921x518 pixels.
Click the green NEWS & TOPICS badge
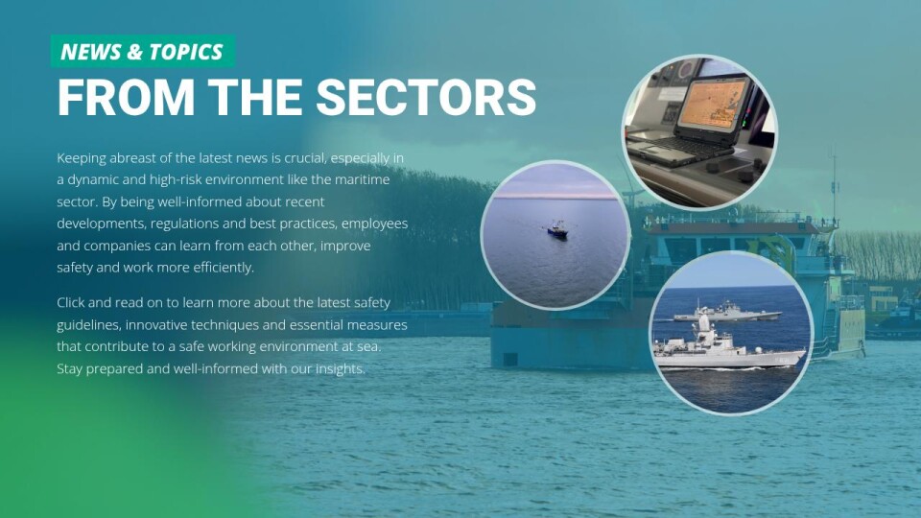[x=143, y=51]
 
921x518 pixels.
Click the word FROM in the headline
[x=126, y=97]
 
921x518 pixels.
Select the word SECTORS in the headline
[x=426, y=97]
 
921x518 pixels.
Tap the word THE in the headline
[x=255, y=97]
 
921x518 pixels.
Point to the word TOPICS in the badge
[x=185, y=52]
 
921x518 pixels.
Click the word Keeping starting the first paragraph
[x=82, y=158]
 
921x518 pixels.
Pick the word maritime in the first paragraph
[x=366, y=179]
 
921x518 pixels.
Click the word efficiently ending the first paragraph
[x=225, y=268]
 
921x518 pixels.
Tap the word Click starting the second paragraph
[x=70, y=303]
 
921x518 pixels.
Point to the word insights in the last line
[x=341, y=369]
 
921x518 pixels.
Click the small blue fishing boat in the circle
[x=557, y=230]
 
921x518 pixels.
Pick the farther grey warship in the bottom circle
[x=726, y=311]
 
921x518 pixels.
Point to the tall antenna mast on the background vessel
[x=834, y=183]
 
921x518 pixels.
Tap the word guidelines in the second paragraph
[x=87, y=325]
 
